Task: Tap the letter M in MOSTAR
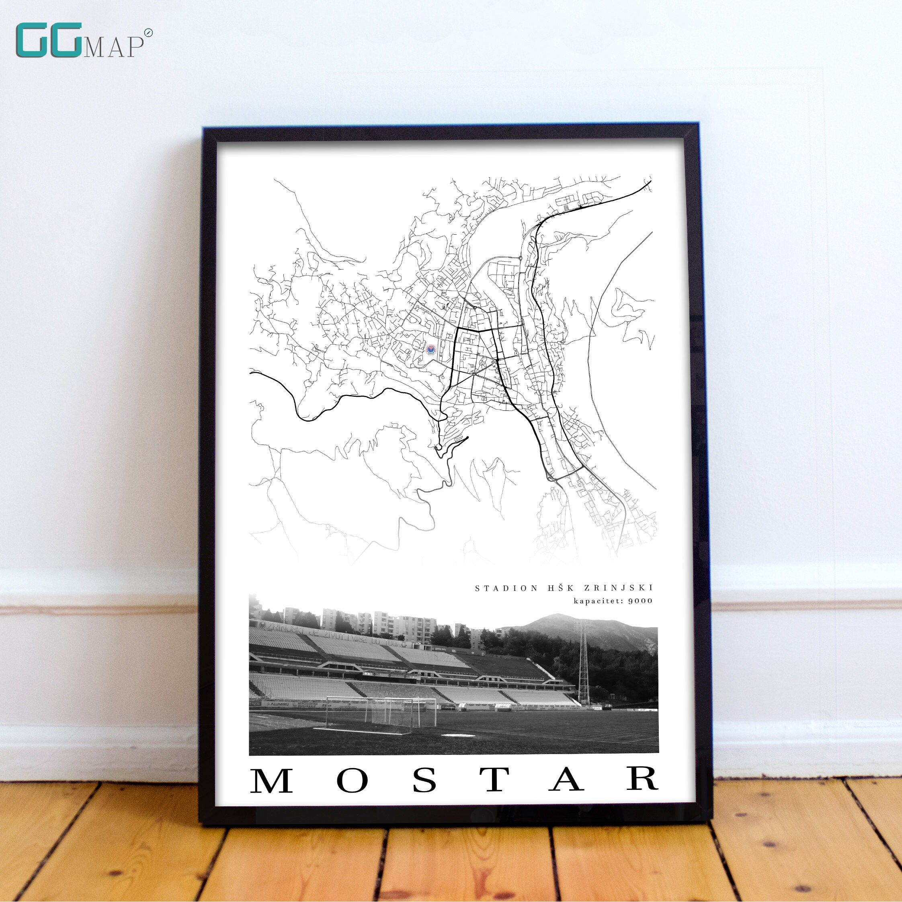pos(272,781)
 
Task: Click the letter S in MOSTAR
pos(424,781)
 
